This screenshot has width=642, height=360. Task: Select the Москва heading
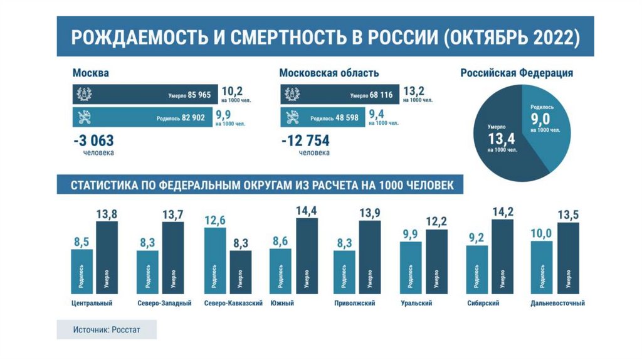pos(91,73)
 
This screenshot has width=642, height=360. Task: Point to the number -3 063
pos(93,140)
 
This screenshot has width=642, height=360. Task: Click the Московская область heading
pos(329,73)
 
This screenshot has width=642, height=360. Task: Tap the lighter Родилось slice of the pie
pos(545,125)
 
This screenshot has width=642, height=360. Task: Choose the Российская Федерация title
pos(517,73)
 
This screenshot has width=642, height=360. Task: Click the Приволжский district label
pos(355,304)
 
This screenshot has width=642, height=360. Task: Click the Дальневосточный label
pos(557,304)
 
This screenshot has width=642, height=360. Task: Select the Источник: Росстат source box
pos(107,329)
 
